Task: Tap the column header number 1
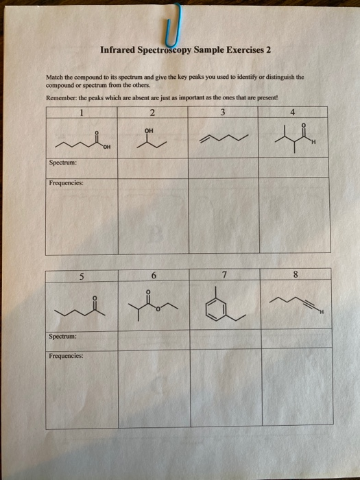point(81,112)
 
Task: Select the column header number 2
point(152,112)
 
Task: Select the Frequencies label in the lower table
point(66,357)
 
